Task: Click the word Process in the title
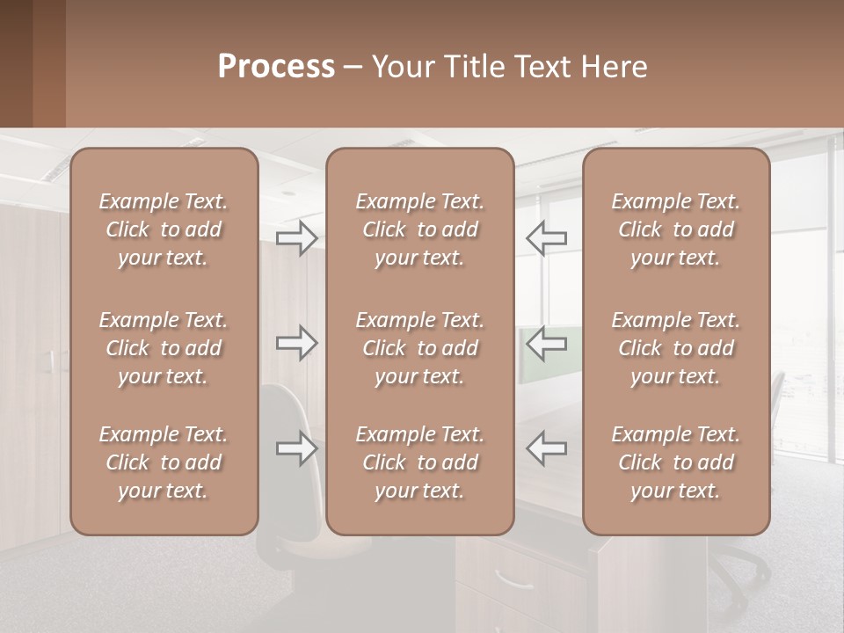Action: click(x=276, y=67)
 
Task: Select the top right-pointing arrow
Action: click(x=297, y=237)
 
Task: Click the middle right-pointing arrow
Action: click(x=297, y=343)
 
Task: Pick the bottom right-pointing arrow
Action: click(x=297, y=448)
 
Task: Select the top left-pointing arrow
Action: click(x=547, y=237)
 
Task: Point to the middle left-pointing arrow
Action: click(x=547, y=343)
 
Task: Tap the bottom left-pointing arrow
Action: click(x=547, y=448)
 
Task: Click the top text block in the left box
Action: click(x=164, y=229)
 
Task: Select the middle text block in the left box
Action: click(x=164, y=348)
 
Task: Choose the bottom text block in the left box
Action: click(x=164, y=462)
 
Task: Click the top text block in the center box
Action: click(x=420, y=229)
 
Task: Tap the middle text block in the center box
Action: click(x=420, y=348)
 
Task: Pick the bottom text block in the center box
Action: click(x=420, y=462)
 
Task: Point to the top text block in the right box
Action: click(x=676, y=229)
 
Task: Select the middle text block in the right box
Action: click(x=676, y=348)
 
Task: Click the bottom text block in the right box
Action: click(x=676, y=462)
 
